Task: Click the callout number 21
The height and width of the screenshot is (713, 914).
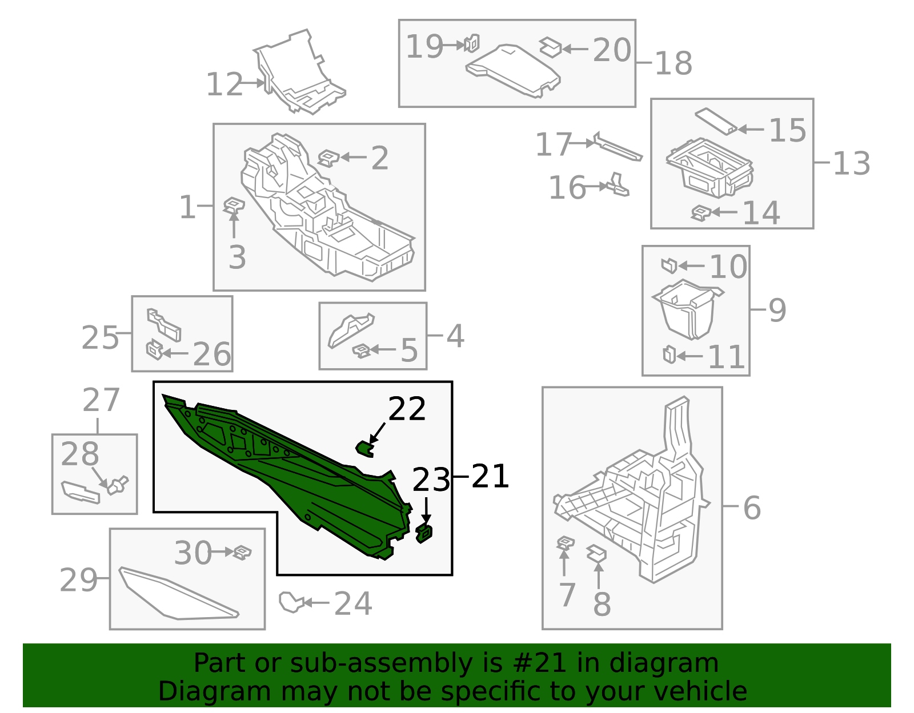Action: click(490, 476)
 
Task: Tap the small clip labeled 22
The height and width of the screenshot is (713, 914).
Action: click(365, 449)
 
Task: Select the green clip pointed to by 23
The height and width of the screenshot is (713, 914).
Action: click(424, 533)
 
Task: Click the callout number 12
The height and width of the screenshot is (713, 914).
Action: click(225, 84)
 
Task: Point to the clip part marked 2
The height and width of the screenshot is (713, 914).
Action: click(328, 158)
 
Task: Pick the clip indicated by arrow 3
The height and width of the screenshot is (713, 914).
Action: click(234, 206)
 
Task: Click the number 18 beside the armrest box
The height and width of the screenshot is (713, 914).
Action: click(674, 63)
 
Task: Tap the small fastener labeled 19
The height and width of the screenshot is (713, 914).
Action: click(471, 43)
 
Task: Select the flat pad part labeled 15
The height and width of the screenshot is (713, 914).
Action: click(716, 122)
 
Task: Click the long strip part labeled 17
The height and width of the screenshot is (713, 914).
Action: click(618, 147)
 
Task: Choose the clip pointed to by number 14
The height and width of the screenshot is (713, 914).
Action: click(701, 213)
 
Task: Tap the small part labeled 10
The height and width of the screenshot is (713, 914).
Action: click(669, 265)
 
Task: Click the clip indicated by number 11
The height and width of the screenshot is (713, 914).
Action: click(669, 354)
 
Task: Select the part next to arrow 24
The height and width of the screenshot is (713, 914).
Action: click(291, 602)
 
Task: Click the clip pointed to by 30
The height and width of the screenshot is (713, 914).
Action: click(242, 552)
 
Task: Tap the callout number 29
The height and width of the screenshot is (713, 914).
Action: click(79, 580)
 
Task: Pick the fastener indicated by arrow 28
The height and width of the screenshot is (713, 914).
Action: click(118, 485)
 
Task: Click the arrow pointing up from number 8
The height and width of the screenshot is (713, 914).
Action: click(599, 575)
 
